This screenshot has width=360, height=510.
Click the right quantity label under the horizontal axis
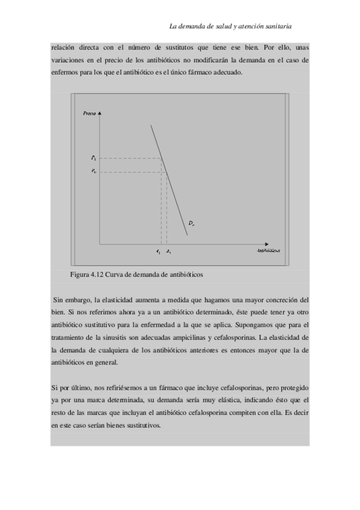(x=169, y=250)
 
